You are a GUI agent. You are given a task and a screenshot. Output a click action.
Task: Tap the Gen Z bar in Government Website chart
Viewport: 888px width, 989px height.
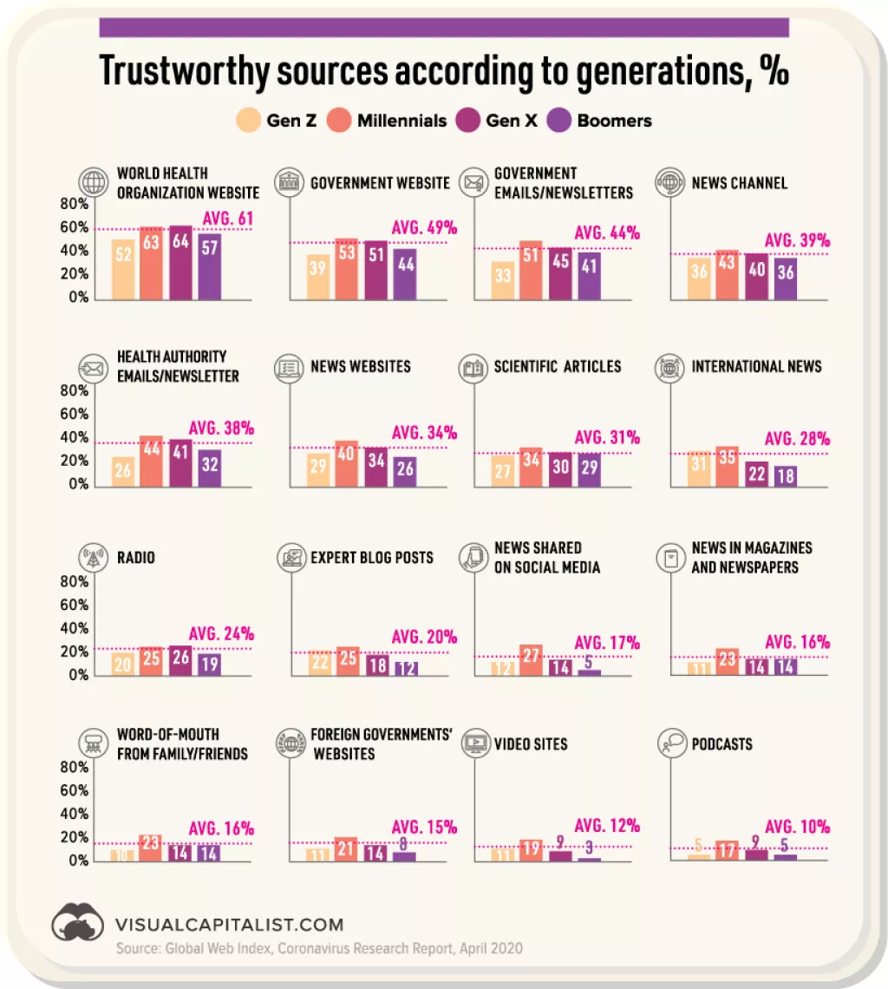317,278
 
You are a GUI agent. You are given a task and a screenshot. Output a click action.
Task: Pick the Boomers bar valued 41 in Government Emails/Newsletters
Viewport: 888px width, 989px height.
589,276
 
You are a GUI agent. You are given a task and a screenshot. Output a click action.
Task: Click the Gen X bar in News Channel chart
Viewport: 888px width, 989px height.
756,278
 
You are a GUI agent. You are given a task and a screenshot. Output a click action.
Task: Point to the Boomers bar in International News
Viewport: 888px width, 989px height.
786,475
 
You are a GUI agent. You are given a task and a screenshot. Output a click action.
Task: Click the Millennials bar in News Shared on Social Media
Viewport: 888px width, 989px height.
531,660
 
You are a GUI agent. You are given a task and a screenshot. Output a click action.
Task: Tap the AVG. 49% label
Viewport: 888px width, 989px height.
424,228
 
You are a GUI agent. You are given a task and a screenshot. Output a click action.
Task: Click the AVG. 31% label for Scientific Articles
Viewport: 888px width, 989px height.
607,437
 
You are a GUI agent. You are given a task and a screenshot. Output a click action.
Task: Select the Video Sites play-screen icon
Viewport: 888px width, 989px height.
474,743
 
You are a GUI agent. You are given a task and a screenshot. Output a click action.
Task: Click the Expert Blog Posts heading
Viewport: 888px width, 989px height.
372,557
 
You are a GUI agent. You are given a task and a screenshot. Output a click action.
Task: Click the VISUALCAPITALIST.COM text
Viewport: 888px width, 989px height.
229,925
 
